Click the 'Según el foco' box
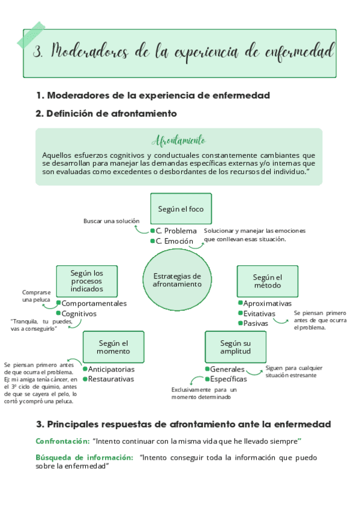coord(181,209)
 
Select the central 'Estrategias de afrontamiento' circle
coord(177,280)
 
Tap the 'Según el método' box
coord(267,281)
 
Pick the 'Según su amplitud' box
coord(235,347)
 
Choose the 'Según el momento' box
coord(113,347)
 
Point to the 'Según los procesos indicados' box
coord(86,281)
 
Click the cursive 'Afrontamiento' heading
coord(179,141)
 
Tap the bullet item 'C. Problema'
coord(176,230)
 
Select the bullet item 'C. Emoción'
coord(175,241)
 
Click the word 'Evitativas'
coord(259,313)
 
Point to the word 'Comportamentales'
coord(94,303)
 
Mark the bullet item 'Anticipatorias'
coord(111,369)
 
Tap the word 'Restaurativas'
coord(111,379)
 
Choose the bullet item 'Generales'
coord(227,369)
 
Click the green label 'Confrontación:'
coord(62,441)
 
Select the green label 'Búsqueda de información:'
coord(84,457)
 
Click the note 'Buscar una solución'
coord(111,221)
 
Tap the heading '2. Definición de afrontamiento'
coord(106,113)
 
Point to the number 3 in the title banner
coord(39,52)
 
